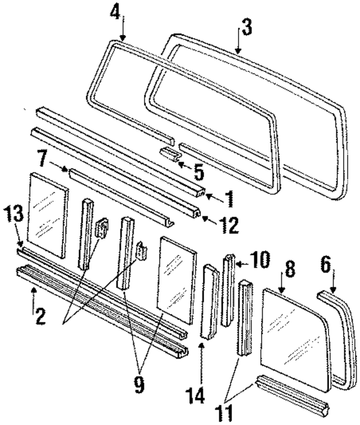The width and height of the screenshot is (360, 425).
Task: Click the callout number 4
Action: [x=115, y=12]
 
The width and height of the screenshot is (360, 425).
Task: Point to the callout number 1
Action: [x=229, y=198]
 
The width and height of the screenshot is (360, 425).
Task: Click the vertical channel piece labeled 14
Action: [x=209, y=302]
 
